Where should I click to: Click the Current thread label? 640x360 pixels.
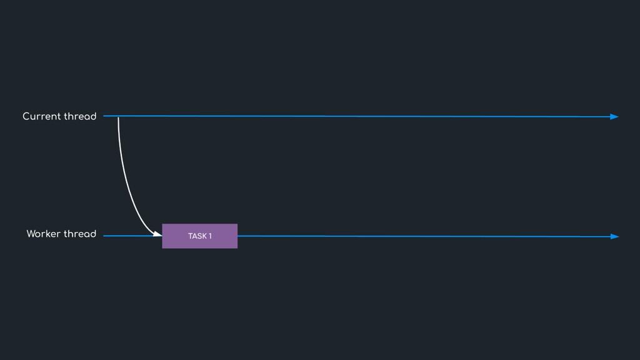(59, 116)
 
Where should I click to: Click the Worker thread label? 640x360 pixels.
(61, 234)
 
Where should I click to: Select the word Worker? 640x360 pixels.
(43, 234)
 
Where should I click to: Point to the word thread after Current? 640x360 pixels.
(80, 116)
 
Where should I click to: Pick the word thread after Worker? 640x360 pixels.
(80, 234)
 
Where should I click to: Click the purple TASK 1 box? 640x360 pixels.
(200, 236)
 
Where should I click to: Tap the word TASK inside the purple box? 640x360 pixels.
(197, 236)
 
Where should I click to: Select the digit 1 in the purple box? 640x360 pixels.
(210, 236)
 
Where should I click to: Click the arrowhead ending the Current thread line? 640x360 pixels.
(614, 117)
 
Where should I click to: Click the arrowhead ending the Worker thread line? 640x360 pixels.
(614, 237)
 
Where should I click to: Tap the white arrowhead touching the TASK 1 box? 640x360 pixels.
(157, 234)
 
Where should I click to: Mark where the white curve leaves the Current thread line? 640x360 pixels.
(118, 117)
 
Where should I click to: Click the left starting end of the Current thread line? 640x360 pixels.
(104, 116)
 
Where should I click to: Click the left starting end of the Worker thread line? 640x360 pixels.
(104, 236)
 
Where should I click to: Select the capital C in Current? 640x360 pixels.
(26, 116)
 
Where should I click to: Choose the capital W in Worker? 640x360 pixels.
(31, 234)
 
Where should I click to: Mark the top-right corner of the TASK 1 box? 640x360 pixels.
(237, 224)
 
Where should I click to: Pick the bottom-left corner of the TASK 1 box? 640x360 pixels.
(162, 248)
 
